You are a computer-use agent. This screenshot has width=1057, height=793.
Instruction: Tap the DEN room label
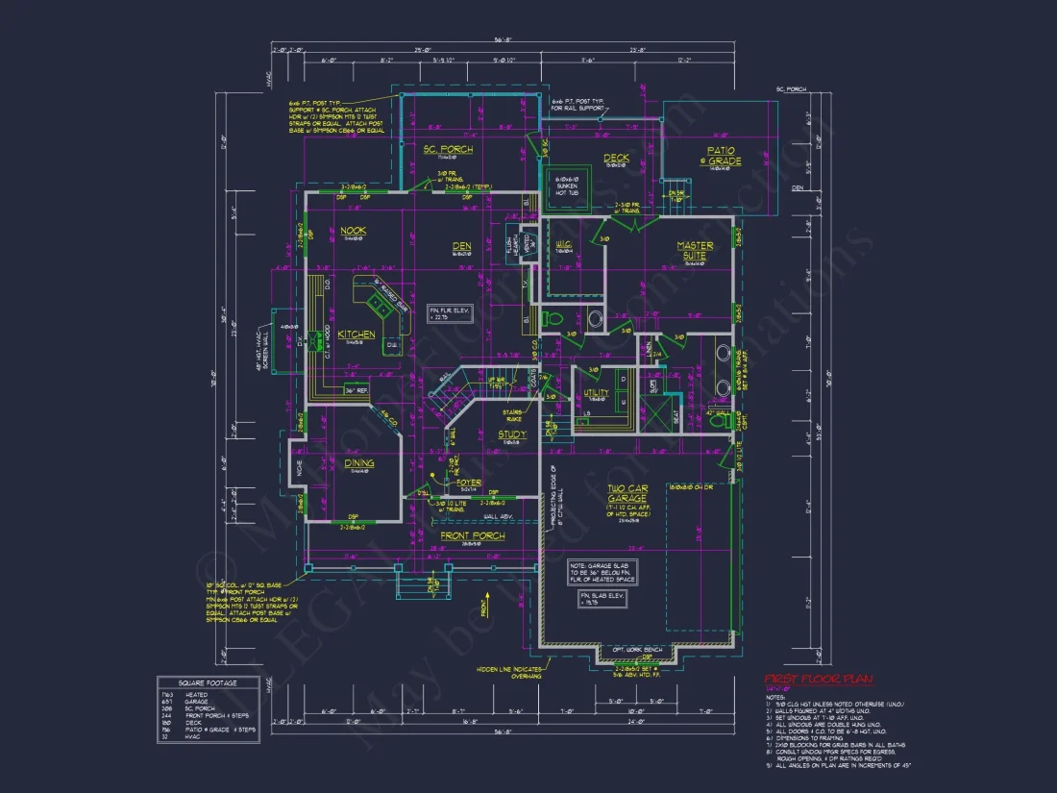point(462,246)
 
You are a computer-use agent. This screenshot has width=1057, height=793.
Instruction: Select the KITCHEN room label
point(356,335)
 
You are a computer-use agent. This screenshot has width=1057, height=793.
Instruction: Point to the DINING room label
point(359,463)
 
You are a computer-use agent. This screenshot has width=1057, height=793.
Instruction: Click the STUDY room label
point(512,434)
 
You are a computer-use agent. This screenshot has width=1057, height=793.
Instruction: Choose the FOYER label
point(469,483)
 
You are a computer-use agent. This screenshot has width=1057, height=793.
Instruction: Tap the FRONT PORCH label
point(472,535)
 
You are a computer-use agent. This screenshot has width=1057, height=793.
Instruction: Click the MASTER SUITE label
point(694,251)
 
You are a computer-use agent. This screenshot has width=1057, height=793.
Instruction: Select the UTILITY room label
point(596,393)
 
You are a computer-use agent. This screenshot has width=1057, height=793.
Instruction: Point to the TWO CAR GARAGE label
point(627,495)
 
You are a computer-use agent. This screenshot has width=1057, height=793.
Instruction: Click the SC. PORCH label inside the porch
point(448,149)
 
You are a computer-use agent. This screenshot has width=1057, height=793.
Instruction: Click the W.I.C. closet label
point(564,245)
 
